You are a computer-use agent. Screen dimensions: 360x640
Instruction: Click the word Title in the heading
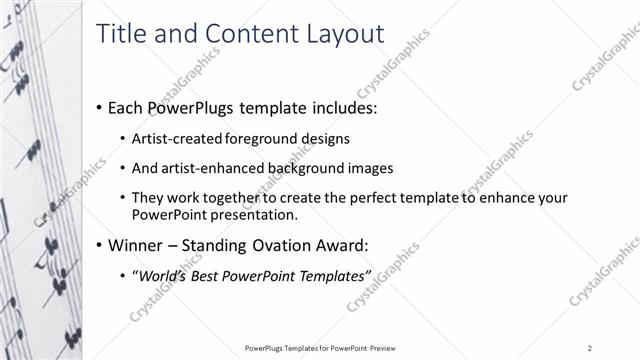coord(120,33)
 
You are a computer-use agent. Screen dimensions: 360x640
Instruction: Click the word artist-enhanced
coord(211,168)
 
